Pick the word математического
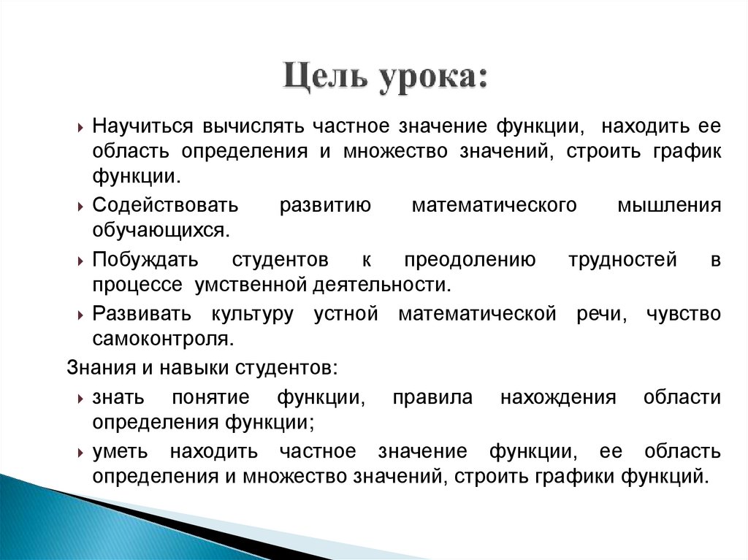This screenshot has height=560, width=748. (495, 205)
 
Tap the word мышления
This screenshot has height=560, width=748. (669, 205)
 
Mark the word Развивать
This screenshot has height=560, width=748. (142, 315)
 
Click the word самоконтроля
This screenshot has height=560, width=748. (163, 339)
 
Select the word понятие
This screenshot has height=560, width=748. (211, 397)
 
